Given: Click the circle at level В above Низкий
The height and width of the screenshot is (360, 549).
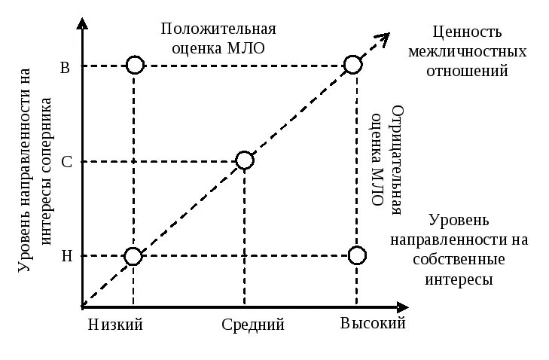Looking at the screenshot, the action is [x=134, y=65].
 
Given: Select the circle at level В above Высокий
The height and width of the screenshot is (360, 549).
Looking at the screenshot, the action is [x=352, y=65].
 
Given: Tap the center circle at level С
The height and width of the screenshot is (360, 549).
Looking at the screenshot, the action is [x=244, y=160].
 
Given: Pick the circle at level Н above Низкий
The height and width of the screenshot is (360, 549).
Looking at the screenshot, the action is [x=133, y=256].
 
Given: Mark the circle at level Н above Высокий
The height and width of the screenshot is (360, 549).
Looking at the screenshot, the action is [x=358, y=255].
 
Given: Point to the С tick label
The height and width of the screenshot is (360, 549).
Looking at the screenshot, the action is [x=66, y=162].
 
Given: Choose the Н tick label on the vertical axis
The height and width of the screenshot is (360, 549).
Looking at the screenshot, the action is [x=66, y=256].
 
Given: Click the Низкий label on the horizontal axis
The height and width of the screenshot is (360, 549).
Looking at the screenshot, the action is [x=115, y=325].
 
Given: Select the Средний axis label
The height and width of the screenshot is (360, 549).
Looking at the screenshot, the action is [x=253, y=325].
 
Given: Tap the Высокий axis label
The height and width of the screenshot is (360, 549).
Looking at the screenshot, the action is [x=373, y=324].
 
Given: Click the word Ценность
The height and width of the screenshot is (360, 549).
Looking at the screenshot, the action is [x=465, y=33].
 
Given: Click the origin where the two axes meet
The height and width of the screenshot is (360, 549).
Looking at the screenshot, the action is [x=81, y=307].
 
